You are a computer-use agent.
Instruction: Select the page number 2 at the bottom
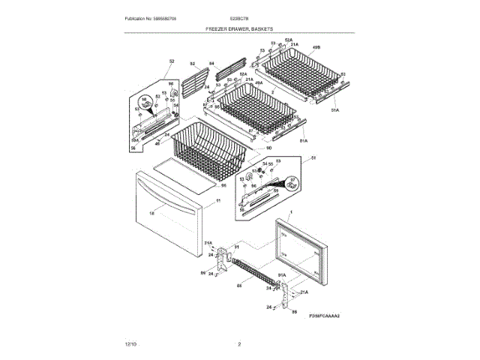click(x=239, y=343)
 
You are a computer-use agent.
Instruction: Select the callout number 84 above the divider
click(x=211, y=64)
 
